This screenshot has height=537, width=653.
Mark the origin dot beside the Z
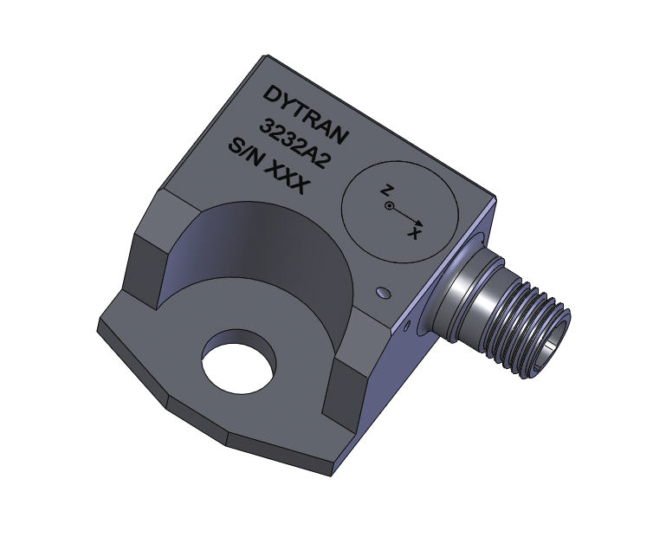coord(391,206)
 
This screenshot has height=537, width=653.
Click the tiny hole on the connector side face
coord(408,327)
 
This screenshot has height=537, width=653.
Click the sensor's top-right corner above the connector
coord(492,195)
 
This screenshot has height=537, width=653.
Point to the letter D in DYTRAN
coord(271,94)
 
